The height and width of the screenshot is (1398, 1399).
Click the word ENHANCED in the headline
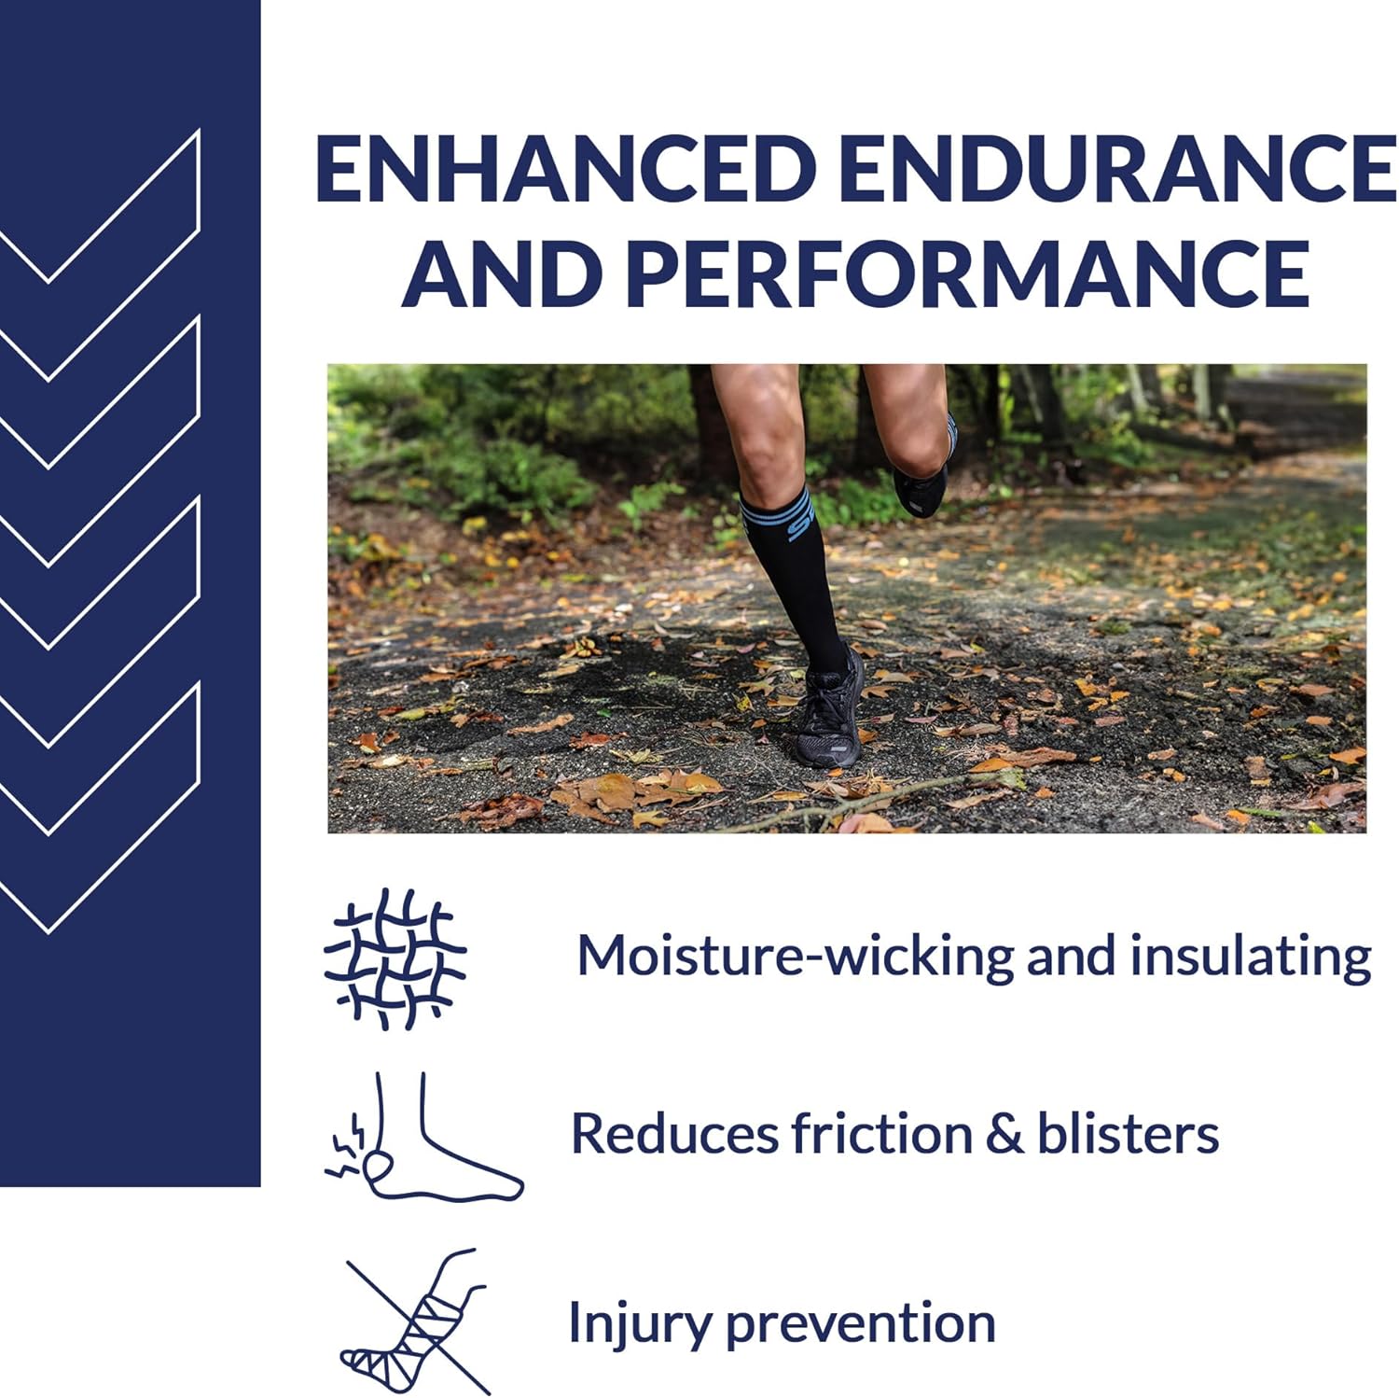pyautogui.click(x=566, y=168)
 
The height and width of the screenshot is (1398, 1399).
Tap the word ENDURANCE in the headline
pyautogui.click(x=1116, y=168)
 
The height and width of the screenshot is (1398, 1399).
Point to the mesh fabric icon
pyautogui.click(x=395, y=958)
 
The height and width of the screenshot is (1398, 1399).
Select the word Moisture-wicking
pyautogui.click(x=794, y=956)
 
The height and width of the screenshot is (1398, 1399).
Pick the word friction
pyautogui.click(x=880, y=1133)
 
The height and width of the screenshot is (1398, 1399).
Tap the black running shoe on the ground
pyautogui.click(x=826, y=711)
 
